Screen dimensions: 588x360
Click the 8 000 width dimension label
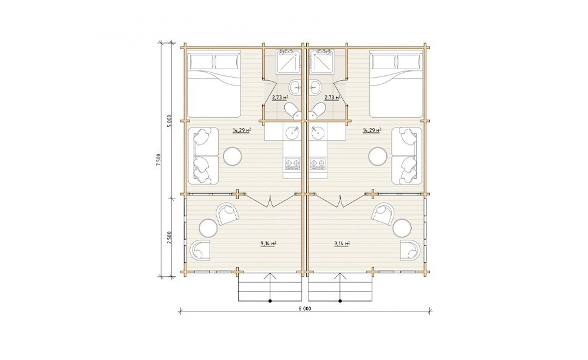click(306, 308)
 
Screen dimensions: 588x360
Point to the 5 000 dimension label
click(169, 121)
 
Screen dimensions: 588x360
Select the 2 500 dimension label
click(169, 237)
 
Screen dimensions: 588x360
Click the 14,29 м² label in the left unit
click(242, 131)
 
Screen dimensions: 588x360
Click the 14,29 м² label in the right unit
click(372, 131)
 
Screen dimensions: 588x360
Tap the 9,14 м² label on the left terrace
click(268, 243)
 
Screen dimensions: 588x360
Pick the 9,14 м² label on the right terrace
click(342, 243)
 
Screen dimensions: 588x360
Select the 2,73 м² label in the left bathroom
click(280, 97)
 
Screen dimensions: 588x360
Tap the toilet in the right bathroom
click(318, 110)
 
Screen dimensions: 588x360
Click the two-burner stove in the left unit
click(292, 163)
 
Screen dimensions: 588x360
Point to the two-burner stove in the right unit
click(318, 163)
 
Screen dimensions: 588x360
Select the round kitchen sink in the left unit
click(292, 132)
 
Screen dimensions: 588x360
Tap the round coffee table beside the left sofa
click(233, 156)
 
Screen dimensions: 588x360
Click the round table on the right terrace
click(402, 228)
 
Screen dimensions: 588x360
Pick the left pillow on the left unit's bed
click(200, 62)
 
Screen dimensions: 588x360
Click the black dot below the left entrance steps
click(270, 301)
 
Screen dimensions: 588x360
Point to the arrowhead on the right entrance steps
click(341, 276)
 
